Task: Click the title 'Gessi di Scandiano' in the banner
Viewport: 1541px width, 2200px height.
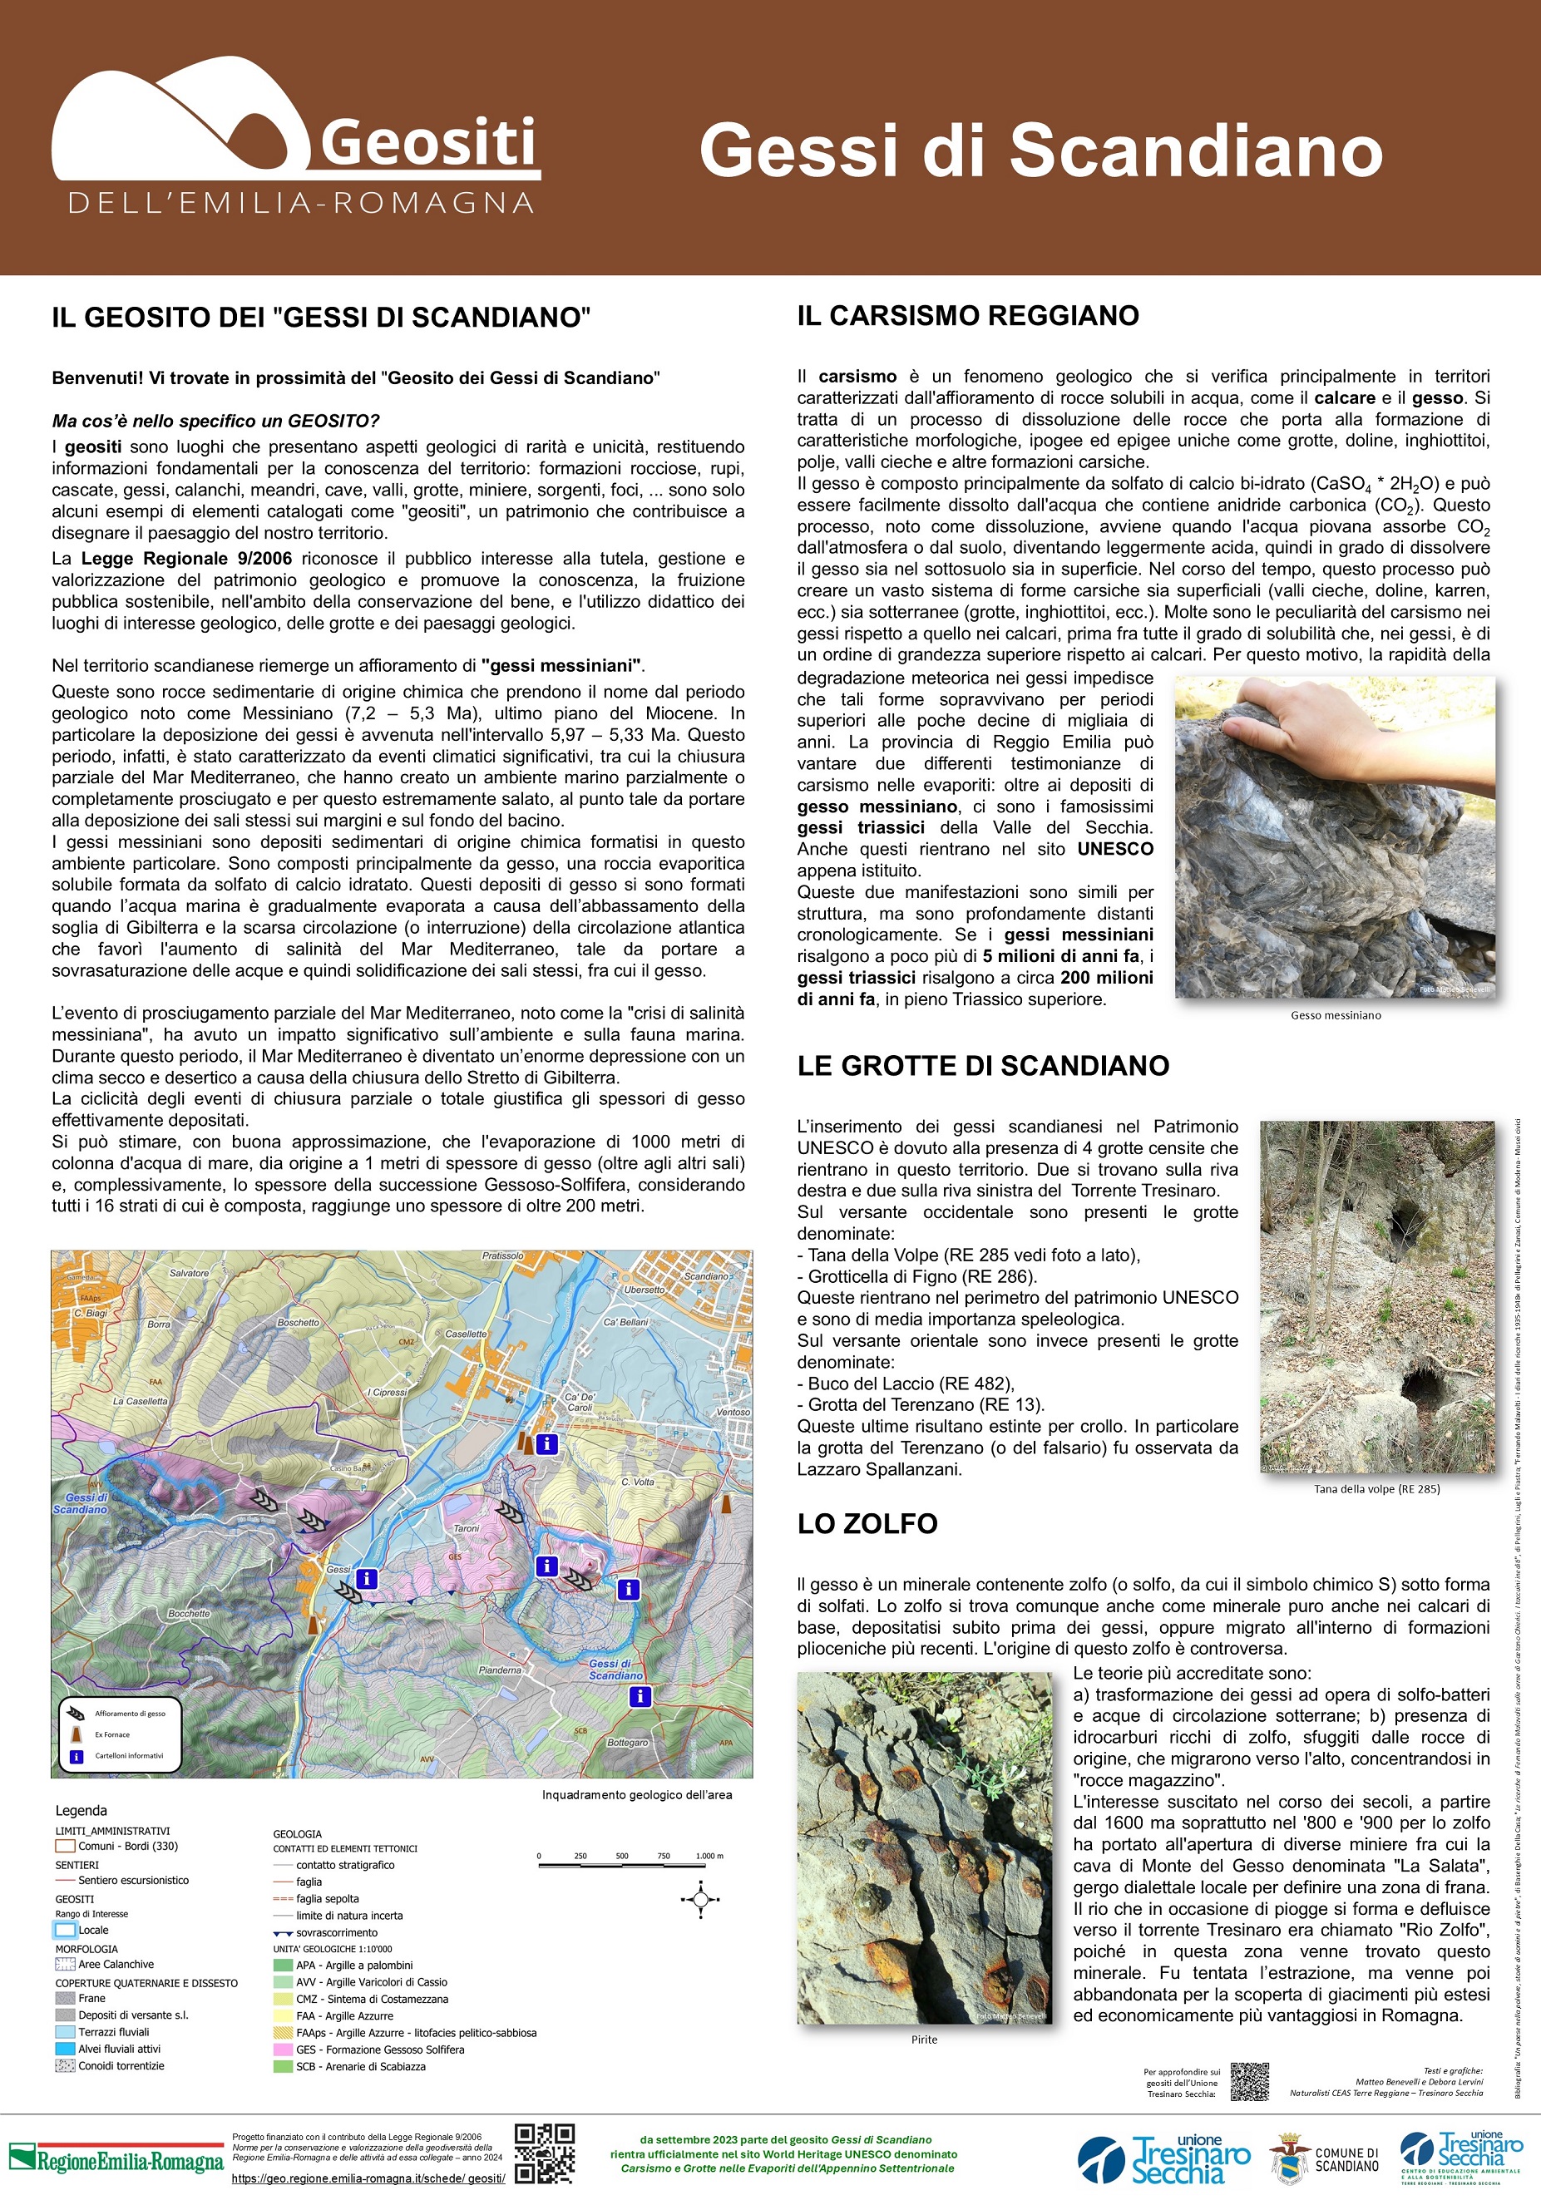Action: (x=1040, y=150)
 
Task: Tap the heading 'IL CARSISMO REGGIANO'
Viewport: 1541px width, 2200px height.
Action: (x=968, y=316)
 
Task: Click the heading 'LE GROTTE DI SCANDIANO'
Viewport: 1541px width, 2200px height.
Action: (x=983, y=1067)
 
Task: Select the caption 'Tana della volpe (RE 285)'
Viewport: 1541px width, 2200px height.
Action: (x=1376, y=1489)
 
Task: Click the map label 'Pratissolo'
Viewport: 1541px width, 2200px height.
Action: (x=503, y=1256)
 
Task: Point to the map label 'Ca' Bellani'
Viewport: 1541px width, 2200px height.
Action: (x=625, y=1322)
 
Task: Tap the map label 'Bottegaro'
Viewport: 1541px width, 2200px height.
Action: (x=628, y=1742)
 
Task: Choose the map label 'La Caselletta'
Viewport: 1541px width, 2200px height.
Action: (x=140, y=1401)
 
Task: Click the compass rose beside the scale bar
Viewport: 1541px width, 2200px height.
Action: (x=699, y=1900)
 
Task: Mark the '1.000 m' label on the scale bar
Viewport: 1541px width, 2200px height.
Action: (x=709, y=1856)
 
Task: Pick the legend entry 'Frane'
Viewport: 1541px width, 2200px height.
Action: (x=92, y=1998)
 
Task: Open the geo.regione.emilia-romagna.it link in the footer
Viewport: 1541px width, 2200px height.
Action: (x=368, y=2178)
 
